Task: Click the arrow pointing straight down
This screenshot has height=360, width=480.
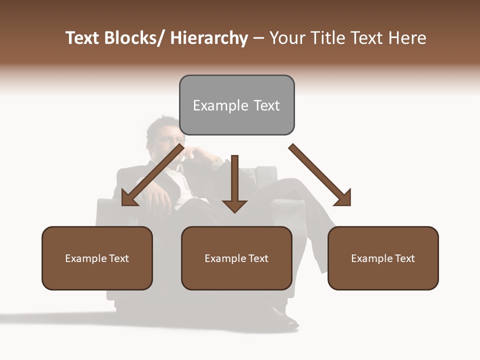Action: pos(234,185)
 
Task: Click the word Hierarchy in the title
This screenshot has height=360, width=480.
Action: pos(209,38)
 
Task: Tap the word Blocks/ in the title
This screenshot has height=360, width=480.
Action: pos(134,38)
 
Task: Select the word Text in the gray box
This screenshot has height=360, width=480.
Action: pos(266,105)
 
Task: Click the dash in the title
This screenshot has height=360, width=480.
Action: pos(258,38)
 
